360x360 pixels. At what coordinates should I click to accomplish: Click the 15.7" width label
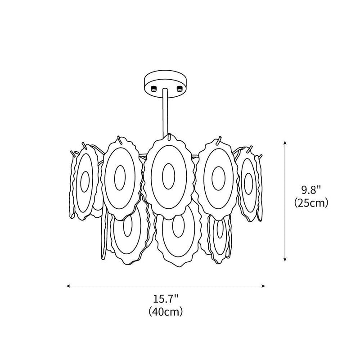point(166,299)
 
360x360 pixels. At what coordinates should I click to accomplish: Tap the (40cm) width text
point(166,312)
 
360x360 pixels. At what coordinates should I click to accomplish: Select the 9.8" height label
point(311,190)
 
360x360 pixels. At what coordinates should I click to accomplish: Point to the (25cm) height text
point(311,203)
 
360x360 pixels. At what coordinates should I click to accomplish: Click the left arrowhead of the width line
point(68,286)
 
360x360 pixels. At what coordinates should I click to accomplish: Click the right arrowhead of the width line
point(263,286)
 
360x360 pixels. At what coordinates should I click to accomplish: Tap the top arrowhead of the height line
point(285,143)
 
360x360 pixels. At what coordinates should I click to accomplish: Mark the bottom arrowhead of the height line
point(285,260)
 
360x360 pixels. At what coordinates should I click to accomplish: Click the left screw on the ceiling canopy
point(153,88)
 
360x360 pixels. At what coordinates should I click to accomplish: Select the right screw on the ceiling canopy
point(179,88)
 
